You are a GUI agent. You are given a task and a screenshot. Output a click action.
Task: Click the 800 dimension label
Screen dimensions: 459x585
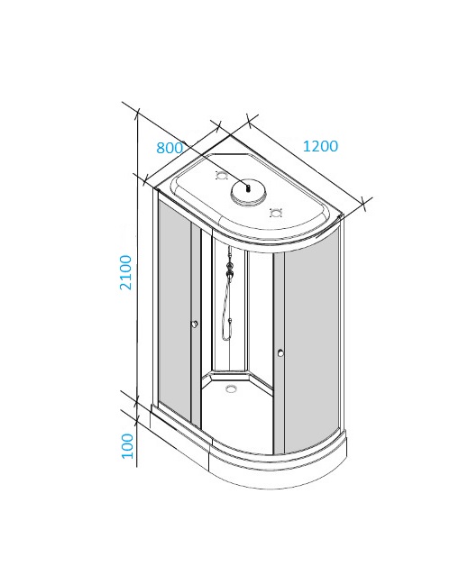170,148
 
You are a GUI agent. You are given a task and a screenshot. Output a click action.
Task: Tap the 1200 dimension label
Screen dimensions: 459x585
320,146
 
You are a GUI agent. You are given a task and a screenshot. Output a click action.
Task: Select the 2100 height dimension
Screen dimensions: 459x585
125,272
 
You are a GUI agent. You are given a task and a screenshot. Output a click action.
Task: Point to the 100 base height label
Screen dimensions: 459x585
127,446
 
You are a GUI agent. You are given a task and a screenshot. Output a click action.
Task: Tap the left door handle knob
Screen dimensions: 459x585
195,324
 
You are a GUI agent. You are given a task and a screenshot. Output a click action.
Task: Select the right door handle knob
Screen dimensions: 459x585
280,352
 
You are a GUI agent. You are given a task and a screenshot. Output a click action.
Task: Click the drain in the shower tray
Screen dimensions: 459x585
232,388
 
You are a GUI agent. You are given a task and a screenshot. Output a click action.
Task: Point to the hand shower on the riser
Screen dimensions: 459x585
230,270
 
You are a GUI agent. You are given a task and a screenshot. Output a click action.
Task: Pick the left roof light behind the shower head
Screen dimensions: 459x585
222,175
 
